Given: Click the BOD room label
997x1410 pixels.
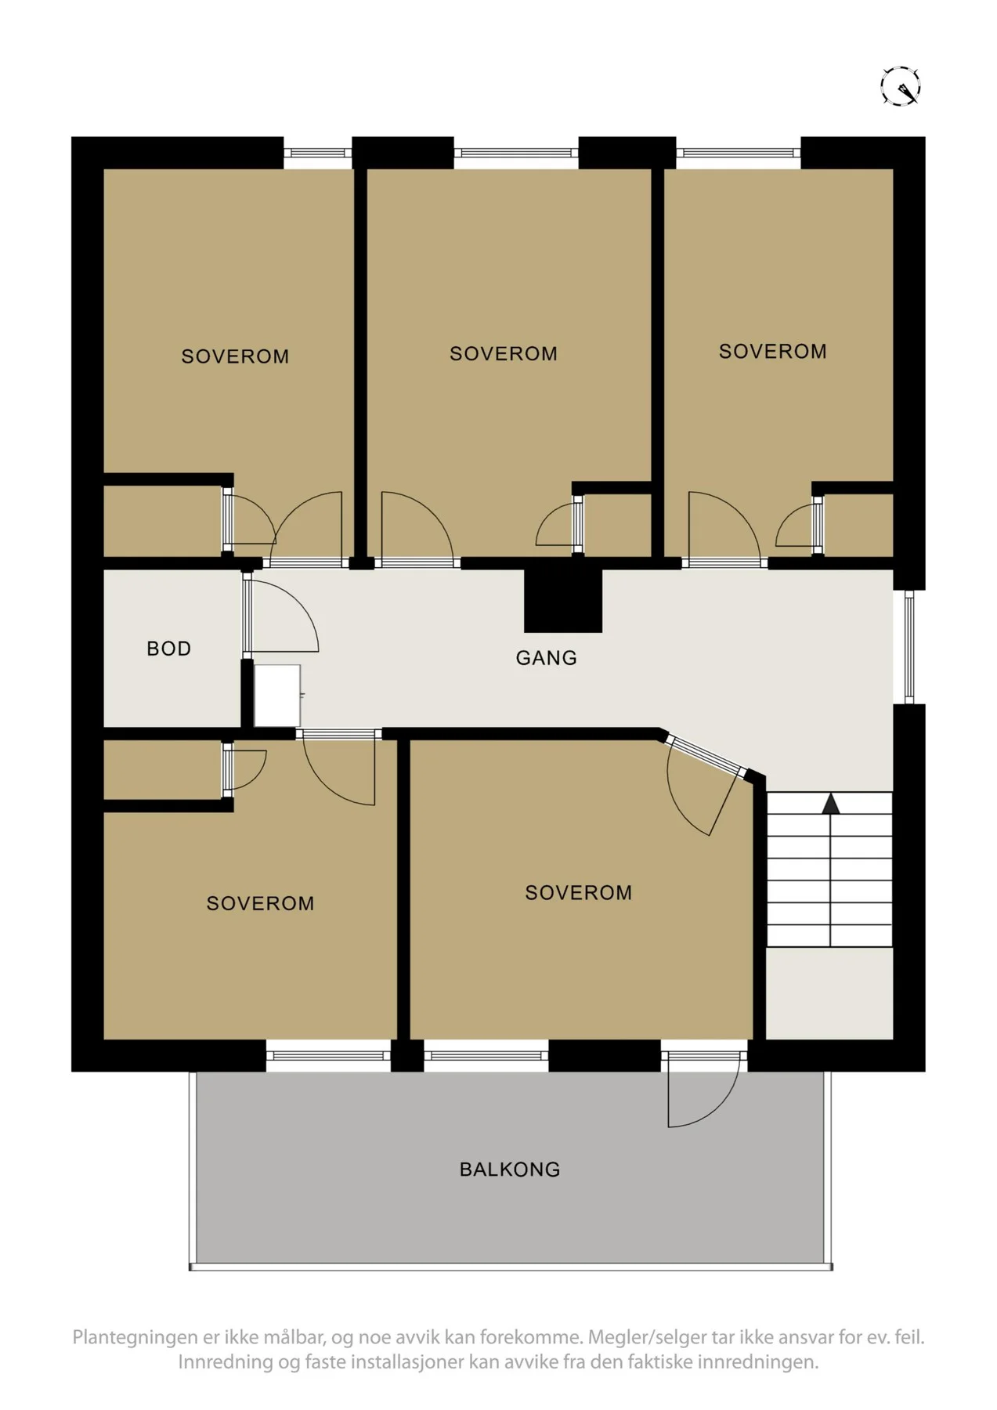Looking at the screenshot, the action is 169,649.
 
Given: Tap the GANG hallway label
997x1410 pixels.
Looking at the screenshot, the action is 547,658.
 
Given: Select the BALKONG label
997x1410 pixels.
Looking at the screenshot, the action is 510,1170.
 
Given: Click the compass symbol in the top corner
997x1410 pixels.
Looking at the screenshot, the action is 900,85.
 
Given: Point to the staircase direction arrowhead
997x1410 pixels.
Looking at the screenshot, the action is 830,803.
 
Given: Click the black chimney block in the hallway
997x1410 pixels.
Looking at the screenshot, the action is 563,600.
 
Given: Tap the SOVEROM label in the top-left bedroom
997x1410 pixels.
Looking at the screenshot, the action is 235,356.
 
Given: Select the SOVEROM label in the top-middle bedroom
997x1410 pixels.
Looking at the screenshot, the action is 504,354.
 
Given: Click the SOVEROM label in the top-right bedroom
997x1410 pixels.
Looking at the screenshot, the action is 773,352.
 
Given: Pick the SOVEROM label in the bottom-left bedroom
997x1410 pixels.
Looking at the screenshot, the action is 260,903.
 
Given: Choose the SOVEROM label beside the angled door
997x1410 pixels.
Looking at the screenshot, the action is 579,893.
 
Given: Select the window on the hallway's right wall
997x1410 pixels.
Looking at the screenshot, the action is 908,646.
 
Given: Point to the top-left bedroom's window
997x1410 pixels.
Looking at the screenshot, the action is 317,153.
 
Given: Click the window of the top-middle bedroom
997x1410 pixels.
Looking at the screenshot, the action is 516,153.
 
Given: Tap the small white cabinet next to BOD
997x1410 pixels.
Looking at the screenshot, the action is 277,696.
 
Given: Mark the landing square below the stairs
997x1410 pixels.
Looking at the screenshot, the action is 829,993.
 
